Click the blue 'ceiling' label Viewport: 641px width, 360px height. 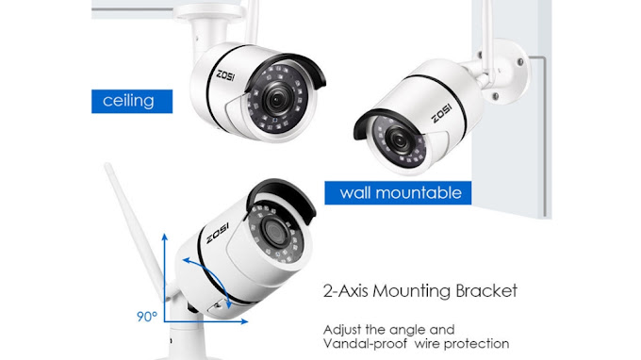click(132, 101)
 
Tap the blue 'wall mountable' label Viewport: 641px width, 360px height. click(398, 193)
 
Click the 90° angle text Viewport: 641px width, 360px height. click(147, 317)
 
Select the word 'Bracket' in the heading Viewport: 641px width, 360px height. click(486, 291)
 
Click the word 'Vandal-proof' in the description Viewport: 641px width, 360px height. click(365, 344)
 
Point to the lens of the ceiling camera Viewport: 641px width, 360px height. click(276, 99)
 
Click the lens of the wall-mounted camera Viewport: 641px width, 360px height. click(398, 141)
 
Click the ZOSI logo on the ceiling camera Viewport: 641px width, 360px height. click(225, 75)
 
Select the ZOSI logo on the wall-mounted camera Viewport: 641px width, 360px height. click(442, 113)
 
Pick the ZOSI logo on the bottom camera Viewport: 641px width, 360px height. click(218, 233)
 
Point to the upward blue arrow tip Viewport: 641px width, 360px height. click(164, 234)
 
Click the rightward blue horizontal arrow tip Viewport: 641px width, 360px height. click(247, 321)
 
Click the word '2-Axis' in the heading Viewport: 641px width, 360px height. click(346, 291)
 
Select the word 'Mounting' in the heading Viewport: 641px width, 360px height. click(412, 291)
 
